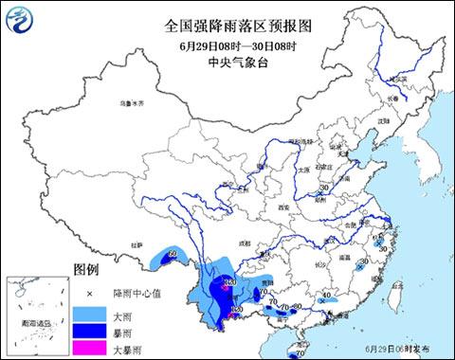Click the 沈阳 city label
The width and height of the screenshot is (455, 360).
tap(383, 122)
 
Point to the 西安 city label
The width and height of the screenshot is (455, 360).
tap(282, 207)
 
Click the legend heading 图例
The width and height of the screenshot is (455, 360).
tap(86, 269)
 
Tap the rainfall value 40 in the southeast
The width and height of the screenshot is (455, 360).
tap(327, 297)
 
